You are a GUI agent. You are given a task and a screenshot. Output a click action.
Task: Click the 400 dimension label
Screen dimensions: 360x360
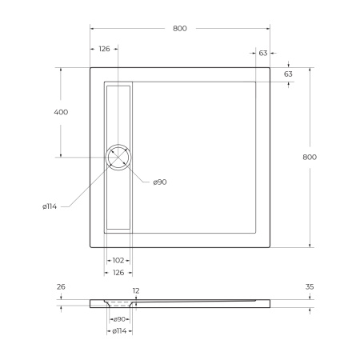[x=61, y=112]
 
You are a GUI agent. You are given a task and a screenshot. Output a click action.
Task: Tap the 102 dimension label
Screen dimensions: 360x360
[x=118, y=260]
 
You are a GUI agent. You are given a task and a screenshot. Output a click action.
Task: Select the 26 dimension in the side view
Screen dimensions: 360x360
[x=61, y=286]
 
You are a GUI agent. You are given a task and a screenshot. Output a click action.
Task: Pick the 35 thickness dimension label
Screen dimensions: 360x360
[x=310, y=286]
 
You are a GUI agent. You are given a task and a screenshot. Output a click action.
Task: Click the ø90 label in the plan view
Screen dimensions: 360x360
[x=159, y=182]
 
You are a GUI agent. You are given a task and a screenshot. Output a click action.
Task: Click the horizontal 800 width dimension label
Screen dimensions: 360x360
[x=180, y=29]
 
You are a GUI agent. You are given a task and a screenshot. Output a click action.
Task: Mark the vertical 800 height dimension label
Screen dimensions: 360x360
[x=310, y=157]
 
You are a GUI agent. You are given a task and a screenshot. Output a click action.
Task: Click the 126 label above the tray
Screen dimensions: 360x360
[x=104, y=50]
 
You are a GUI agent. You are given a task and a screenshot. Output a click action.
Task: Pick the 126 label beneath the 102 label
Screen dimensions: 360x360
[x=118, y=272]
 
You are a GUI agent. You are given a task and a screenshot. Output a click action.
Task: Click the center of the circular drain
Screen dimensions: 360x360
[x=119, y=157]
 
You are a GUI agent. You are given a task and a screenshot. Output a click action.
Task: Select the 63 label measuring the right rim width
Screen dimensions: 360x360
[x=263, y=53]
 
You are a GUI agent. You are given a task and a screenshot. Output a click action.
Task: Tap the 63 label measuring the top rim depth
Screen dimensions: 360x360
[x=288, y=74]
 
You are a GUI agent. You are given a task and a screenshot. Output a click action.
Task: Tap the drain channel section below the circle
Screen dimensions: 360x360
[x=119, y=200]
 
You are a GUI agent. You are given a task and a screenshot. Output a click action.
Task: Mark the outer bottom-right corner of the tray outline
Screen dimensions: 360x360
[x=270, y=246]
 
